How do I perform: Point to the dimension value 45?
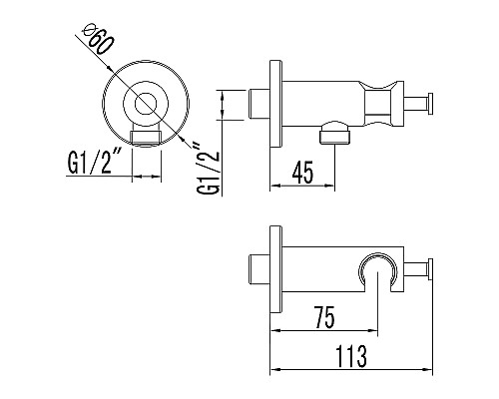(x=305, y=171)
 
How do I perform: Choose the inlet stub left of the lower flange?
(x=255, y=270)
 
